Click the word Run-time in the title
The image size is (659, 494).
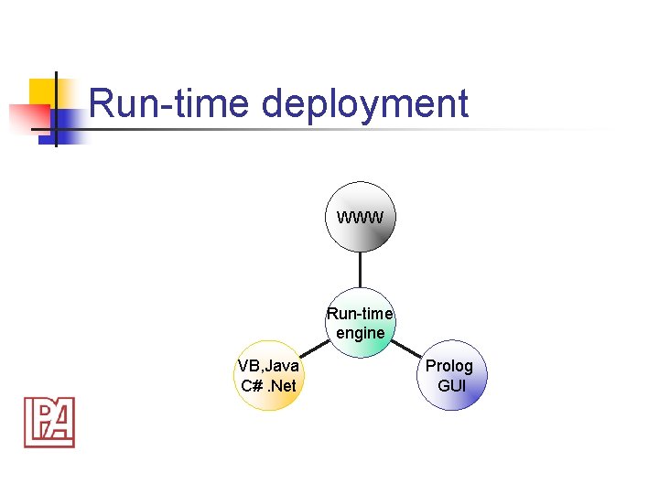(x=170, y=103)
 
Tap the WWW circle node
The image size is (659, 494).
(x=361, y=216)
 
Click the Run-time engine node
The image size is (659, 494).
(x=361, y=323)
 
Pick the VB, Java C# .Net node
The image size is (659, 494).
(x=268, y=376)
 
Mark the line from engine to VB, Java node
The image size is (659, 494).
(x=314, y=349)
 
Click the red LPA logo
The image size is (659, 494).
(x=49, y=422)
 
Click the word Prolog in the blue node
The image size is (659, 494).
(x=449, y=366)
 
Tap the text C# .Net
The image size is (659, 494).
(x=268, y=386)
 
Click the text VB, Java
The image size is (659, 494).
(x=268, y=366)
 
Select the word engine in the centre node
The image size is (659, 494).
(x=361, y=333)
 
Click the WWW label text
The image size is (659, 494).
(x=361, y=218)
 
